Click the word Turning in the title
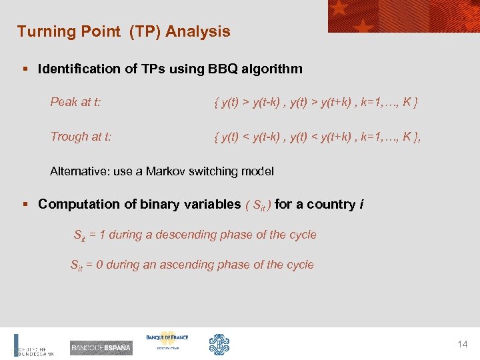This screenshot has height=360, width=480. (x=43, y=31)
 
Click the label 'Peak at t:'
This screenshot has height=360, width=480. (x=75, y=102)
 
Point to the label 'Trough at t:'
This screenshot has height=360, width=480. (x=81, y=137)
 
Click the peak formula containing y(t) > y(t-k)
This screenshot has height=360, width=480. (x=316, y=102)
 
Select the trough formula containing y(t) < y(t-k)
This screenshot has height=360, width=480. (x=318, y=137)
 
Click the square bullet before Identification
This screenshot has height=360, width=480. (x=25, y=69)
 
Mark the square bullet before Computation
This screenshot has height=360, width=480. (x=25, y=205)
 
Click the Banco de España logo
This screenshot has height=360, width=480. (x=101, y=347)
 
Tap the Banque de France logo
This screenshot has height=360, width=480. (x=167, y=340)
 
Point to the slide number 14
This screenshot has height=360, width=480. (x=462, y=345)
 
